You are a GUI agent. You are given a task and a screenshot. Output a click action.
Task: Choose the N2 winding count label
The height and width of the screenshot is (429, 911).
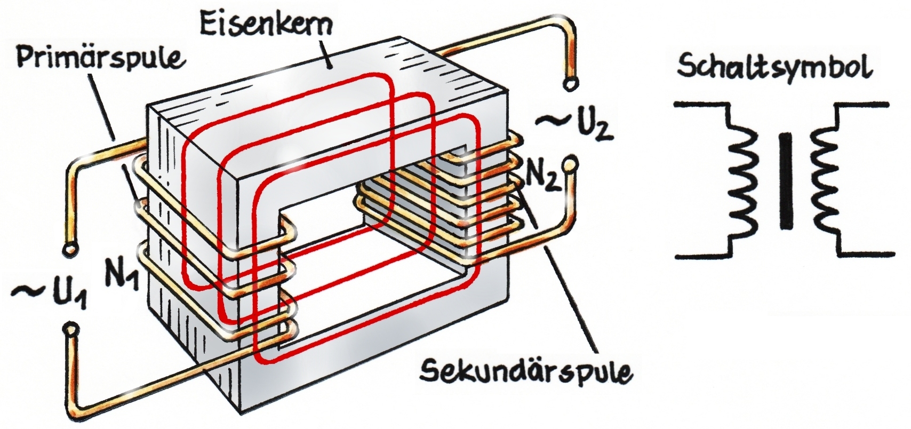(543, 174)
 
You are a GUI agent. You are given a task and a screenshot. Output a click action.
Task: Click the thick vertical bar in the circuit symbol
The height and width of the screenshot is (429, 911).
(785, 181)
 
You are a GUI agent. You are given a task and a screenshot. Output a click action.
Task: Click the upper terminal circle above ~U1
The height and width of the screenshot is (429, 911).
(68, 249)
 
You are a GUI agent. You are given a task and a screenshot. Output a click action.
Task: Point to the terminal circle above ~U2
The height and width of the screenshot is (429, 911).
(570, 84)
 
